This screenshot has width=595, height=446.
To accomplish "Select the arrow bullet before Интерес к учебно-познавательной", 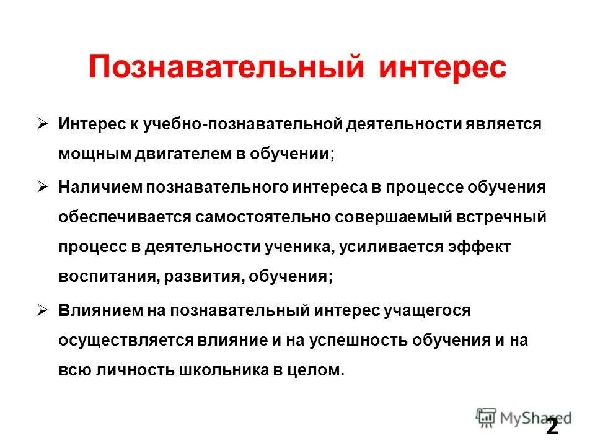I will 43,124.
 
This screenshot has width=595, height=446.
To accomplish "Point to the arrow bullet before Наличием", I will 43,186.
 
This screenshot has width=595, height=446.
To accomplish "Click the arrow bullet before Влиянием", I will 43,310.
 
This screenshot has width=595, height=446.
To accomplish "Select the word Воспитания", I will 109,277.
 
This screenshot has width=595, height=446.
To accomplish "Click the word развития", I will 202,277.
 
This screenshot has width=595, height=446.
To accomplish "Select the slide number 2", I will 552,427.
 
